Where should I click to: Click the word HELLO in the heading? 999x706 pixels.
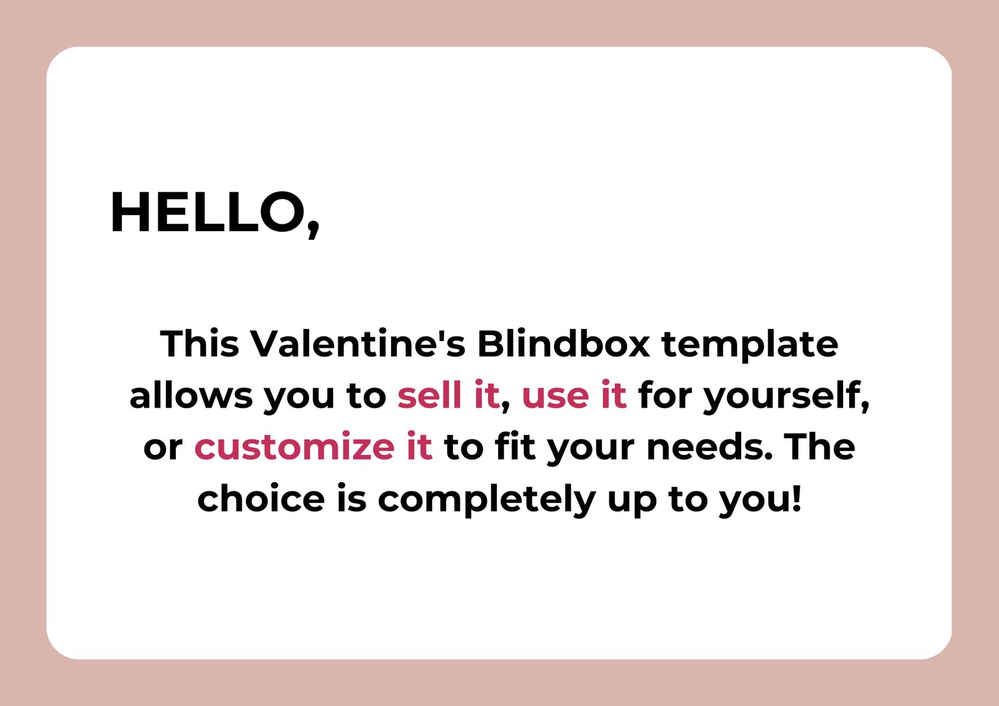tap(208, 212)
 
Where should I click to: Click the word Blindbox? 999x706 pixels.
tap(563, 344)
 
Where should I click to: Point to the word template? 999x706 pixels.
tap(750, 346)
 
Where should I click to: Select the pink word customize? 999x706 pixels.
tap(294, 446)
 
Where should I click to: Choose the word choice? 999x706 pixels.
tap(261, 498)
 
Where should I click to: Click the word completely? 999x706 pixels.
tap(487, 500)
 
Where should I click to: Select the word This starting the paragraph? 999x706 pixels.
tap(200, 344)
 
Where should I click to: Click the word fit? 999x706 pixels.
tap(515, 446)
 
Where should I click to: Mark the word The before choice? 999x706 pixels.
tap(819, 446)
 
